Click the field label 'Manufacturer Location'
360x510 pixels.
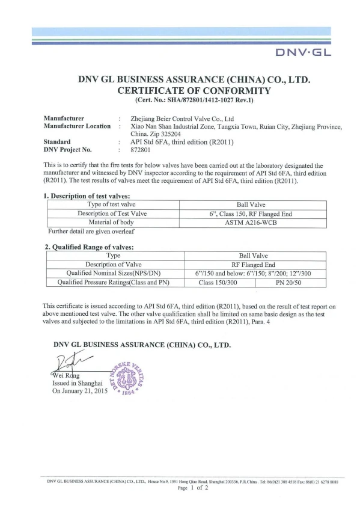point(78,126)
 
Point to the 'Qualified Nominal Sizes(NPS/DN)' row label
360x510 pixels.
point(113,272)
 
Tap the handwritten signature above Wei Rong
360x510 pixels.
point(70,362)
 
